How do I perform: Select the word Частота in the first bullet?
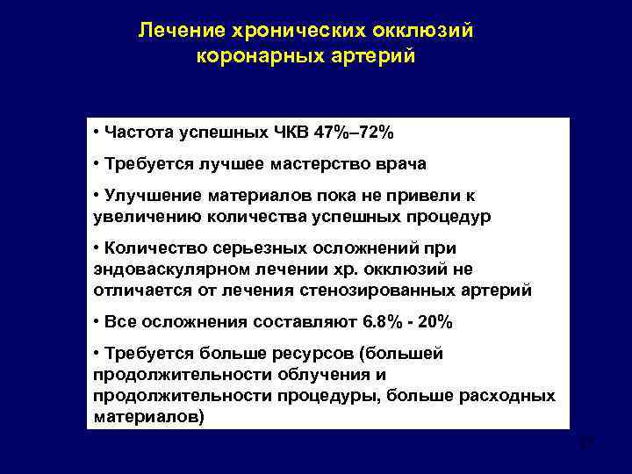[x=136, y=133]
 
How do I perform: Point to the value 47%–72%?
[x=358, y=133]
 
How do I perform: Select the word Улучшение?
[x=149, y=197]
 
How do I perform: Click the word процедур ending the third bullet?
[x=452, y=215]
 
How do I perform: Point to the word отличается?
[x=133, y=290]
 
